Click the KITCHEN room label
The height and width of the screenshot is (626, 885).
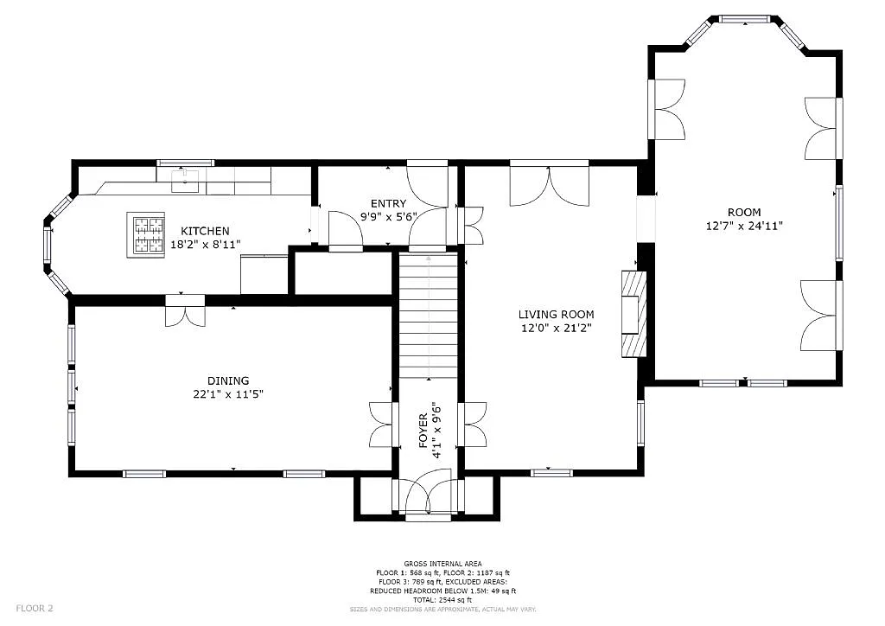point(205,231)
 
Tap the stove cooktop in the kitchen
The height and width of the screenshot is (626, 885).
point(146,234)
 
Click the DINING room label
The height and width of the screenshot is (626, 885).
point(227,380)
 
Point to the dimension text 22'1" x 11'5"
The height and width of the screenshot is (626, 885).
point(227,394)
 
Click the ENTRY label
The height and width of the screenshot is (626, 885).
point(388,204)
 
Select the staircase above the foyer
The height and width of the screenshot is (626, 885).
point(428,316)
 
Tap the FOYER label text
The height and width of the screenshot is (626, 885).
point(423,431)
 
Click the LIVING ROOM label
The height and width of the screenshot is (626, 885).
point(556,315)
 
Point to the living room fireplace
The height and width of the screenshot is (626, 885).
point(634,313)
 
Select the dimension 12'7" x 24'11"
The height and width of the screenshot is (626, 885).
point(743,227)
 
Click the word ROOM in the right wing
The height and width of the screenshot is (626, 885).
point(743,213)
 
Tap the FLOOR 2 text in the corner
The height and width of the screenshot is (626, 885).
point(35,609)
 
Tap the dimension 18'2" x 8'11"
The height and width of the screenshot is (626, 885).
point(205,245)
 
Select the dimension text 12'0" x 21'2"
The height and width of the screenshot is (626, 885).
point(556,329)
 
